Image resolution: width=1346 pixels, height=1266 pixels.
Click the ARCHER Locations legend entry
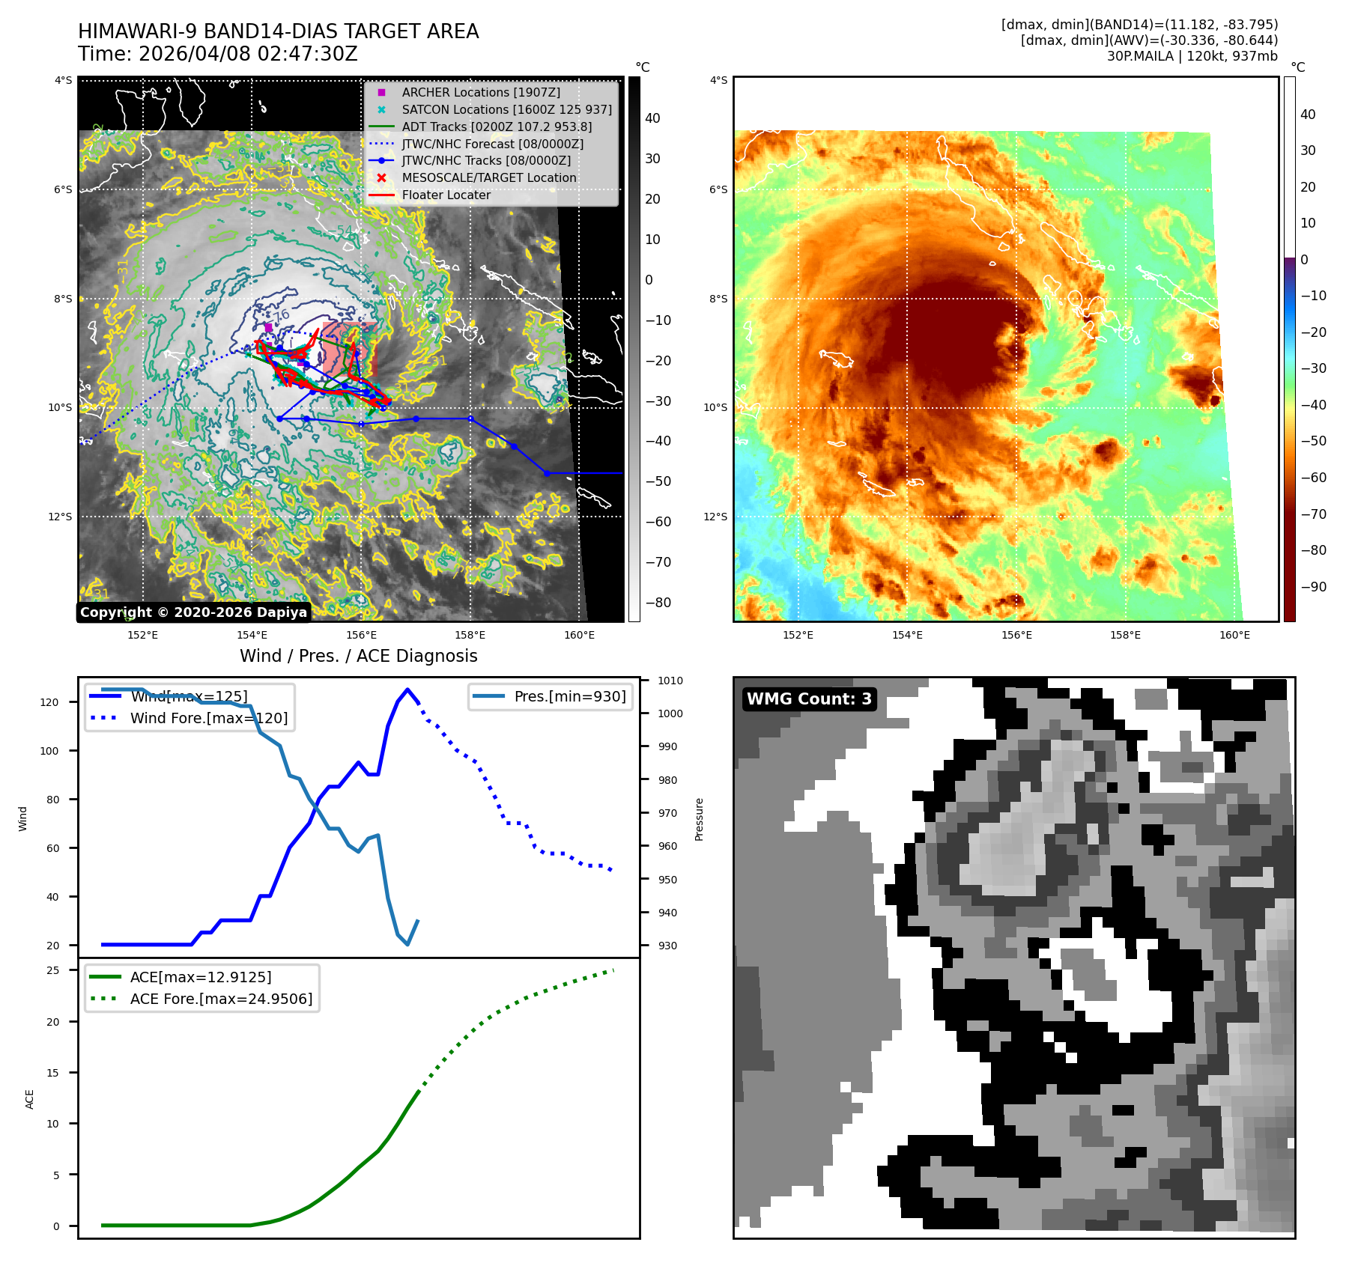(480, 92)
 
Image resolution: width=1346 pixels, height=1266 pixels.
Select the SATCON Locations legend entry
(506, 109)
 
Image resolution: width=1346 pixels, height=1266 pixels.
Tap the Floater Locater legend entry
(446, 195)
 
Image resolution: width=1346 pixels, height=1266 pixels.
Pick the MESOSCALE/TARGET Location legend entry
(488, 177)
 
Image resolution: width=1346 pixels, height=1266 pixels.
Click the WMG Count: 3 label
(809, 699)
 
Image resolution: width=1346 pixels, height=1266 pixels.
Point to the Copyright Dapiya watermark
(193, 612)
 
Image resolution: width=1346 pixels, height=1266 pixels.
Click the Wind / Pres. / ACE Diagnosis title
(358, 656)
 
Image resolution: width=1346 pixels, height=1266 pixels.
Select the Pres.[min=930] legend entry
(569, 696)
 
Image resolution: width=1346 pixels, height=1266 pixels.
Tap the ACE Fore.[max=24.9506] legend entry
(221, 999)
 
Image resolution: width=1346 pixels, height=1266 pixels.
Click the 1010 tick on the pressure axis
(670, 681)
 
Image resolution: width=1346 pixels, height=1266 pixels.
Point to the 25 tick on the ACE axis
(53, 970)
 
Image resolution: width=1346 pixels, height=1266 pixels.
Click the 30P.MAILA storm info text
(1192, 56)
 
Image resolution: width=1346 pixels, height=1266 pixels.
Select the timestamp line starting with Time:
(218, 54)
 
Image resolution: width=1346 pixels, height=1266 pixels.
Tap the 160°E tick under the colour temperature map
(1234, 635)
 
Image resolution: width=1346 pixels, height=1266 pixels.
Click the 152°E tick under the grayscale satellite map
(142, 635)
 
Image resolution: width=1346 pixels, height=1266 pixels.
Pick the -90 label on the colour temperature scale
(1313, 586)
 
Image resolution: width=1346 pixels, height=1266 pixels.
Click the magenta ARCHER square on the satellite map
(268, 327)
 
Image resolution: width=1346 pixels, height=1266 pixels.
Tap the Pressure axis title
(700, 819)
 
